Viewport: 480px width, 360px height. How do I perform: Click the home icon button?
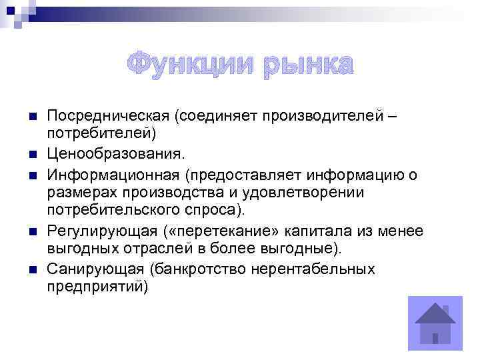434,323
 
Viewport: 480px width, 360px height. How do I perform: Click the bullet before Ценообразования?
31,155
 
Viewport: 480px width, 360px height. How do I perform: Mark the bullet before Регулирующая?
31,231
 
